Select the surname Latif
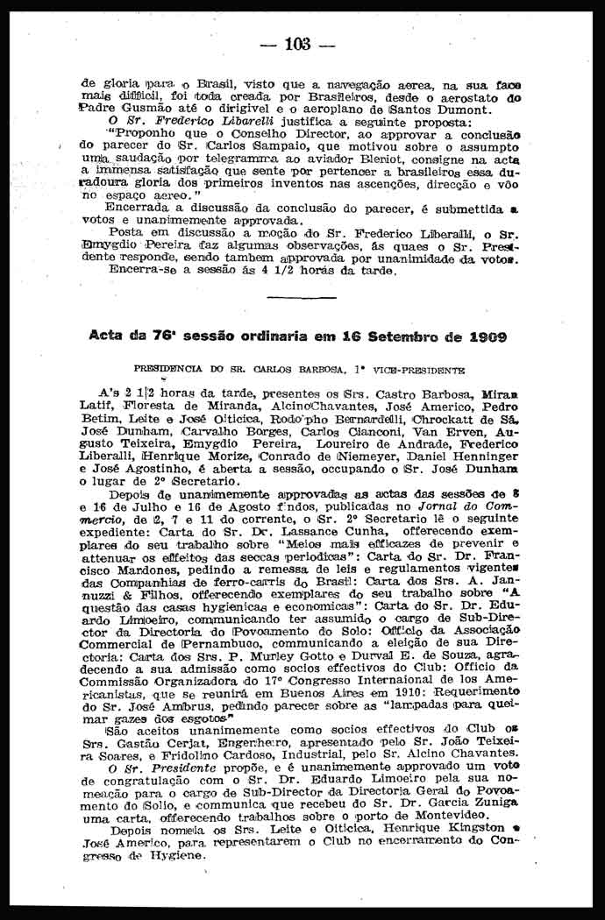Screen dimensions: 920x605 coord(98,407)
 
